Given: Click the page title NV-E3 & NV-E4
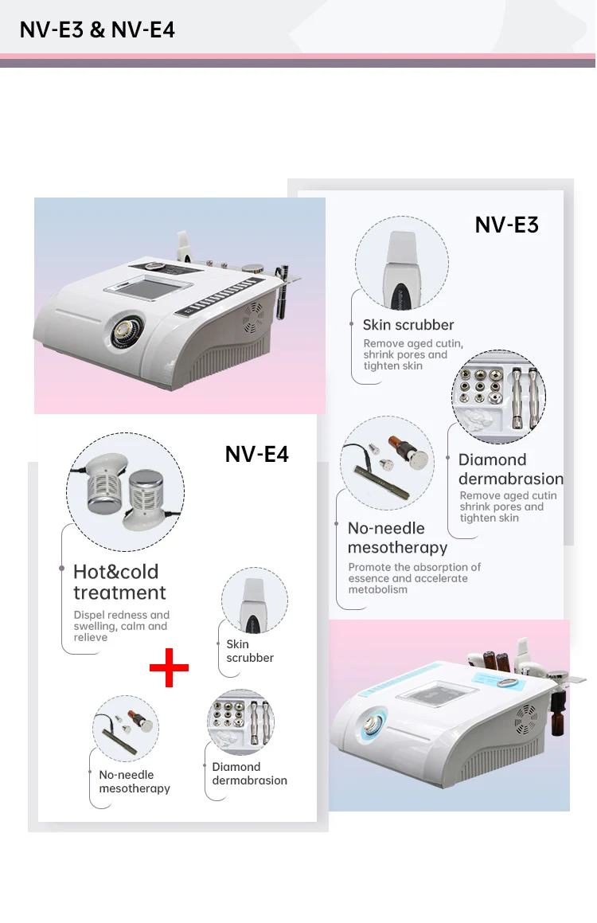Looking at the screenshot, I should [97, 30].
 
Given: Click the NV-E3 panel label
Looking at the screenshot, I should [506, 225].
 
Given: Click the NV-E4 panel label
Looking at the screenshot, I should [256, 454].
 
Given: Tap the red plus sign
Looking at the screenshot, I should [170, 667].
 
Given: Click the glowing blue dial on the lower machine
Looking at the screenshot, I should [375, 722].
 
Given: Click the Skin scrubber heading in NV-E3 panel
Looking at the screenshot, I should [408, 325].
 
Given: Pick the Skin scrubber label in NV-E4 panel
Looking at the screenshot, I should [249, 651].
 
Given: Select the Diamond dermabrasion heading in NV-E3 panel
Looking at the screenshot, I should [510, 469].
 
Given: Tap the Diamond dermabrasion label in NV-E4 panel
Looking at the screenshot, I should [249, 773].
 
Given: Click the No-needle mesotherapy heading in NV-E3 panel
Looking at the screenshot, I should [397, 538].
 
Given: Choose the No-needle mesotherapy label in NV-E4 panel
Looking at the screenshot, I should [135, 781].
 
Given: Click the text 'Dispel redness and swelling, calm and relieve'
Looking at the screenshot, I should [121, 626].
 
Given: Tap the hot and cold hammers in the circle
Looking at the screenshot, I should [125, 491].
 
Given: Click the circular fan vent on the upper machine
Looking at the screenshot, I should [254, 317].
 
